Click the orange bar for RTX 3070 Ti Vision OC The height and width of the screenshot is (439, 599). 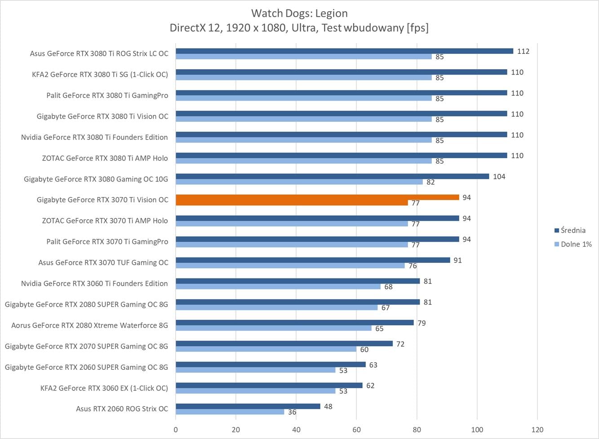317,197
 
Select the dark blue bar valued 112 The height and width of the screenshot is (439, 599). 344,51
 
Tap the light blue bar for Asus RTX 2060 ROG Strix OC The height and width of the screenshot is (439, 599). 231,412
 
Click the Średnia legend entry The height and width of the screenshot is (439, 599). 573,231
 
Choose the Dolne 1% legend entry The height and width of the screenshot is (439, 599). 576,244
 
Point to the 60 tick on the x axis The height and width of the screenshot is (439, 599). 356,430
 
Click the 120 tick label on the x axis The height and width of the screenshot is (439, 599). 537,430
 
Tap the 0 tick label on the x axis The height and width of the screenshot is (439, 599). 176,430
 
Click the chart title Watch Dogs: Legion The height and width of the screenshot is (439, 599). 299,13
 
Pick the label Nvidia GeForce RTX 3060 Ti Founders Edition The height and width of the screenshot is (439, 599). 94,284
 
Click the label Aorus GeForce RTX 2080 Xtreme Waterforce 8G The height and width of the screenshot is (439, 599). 89,325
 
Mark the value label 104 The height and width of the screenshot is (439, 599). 499,177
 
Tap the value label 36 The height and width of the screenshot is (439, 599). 292,412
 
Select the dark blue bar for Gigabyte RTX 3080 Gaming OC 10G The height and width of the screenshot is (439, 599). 332,177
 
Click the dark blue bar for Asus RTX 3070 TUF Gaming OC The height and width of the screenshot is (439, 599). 313,260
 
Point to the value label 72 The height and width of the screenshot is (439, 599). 400,344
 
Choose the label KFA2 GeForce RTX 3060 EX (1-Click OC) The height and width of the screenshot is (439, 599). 104,388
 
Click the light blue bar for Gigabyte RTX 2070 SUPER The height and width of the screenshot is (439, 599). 266,349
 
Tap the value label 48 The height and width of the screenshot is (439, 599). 328,407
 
